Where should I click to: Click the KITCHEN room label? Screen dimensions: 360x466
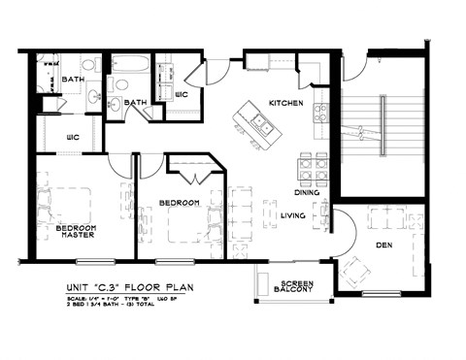[287, 102]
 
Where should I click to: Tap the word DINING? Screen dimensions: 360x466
[308, 192]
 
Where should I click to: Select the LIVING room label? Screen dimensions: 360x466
[294, 215]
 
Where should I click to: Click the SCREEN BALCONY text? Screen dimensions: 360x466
[292, 287]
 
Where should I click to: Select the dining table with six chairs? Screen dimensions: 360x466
[312, 170]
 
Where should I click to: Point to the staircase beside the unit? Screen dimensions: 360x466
[383, 126]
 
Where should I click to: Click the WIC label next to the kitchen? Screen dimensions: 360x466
[181, 94]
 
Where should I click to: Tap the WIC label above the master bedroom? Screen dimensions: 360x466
[72, 138]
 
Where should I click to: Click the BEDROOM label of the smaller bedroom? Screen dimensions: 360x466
[180, 202]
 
